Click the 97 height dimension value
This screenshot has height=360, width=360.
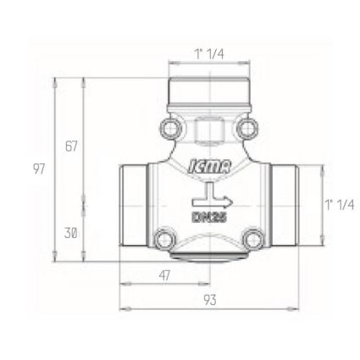[39, 169]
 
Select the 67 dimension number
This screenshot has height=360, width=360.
[71, 147]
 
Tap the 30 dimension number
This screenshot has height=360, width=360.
[70, 233]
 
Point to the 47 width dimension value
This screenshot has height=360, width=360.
[164, 275]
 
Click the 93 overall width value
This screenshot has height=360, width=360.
[210, 300]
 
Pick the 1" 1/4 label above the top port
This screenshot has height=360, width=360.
[209, 53]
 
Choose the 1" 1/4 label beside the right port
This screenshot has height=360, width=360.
[340, 204]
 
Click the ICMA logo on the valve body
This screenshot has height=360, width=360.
[209, 166]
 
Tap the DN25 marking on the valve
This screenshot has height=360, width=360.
[210, 218]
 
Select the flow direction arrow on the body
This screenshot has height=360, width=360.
[213, 198]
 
